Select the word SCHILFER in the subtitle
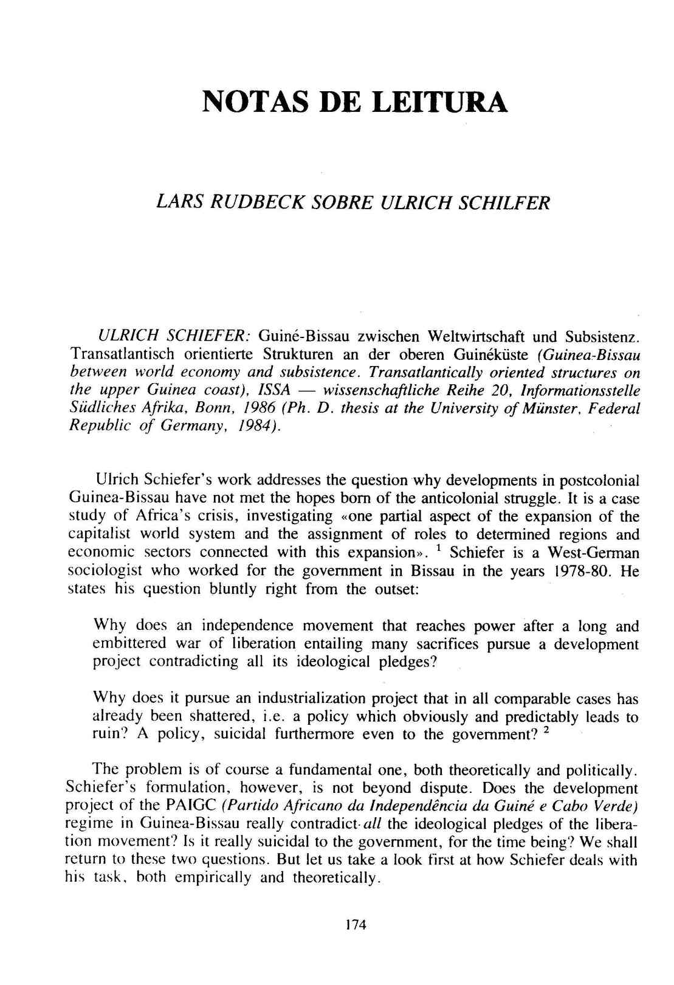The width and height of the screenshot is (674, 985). (x=495, y=202)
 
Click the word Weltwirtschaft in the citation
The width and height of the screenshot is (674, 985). (x=475, y=336)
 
